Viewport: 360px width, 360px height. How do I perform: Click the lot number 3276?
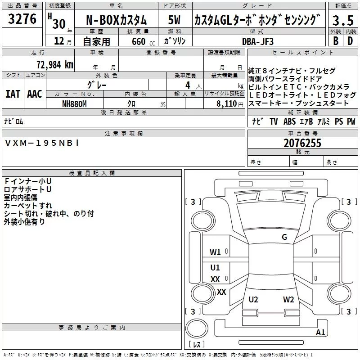click(x=22, y=19)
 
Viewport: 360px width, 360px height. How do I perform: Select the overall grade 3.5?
click(x=342, y=20)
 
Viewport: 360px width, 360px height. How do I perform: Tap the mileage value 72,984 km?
click(x=54, y=64)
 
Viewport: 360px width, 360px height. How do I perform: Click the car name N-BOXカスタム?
click(x=117, y=20)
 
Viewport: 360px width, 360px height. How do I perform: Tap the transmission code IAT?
click(x=13, y=94)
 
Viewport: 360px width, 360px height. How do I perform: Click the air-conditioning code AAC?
click(x=35, y=94)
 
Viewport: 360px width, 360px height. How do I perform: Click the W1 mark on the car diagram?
click(x=215, y=252)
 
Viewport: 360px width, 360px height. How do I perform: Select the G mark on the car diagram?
click(x=284, y=237)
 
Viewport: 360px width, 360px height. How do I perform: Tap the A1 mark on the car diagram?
click(x=320, y=333)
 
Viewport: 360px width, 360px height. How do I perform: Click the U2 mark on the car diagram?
click(x=253, y=300)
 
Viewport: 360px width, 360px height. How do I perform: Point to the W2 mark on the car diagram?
click(x=288, y=300)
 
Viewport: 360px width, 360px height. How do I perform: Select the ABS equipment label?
click(x=290, y=121)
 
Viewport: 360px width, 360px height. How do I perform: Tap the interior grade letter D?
click(x=350, y=41)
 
